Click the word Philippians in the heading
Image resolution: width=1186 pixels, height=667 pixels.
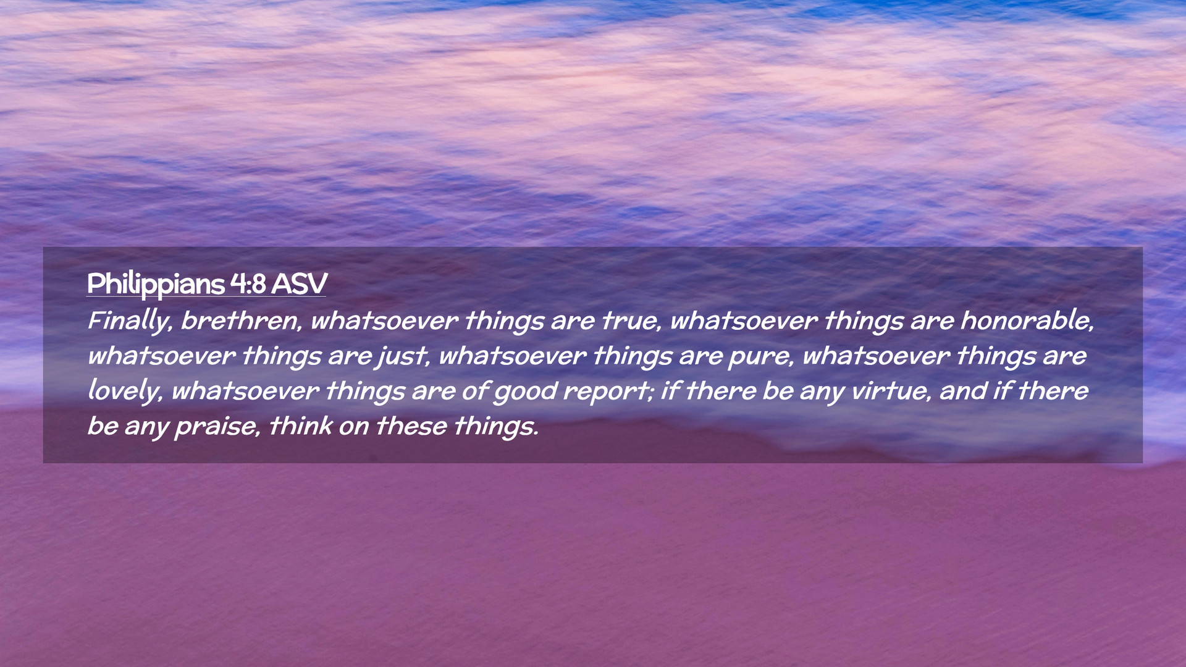(x=156, y=285)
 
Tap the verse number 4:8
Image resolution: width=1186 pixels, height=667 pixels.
(x=248, y=284)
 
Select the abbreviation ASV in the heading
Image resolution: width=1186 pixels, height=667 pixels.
(x=299, y=284)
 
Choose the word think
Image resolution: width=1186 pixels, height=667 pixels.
(x=301, y=426)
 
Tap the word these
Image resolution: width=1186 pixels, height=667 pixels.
(x=411, y=426)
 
